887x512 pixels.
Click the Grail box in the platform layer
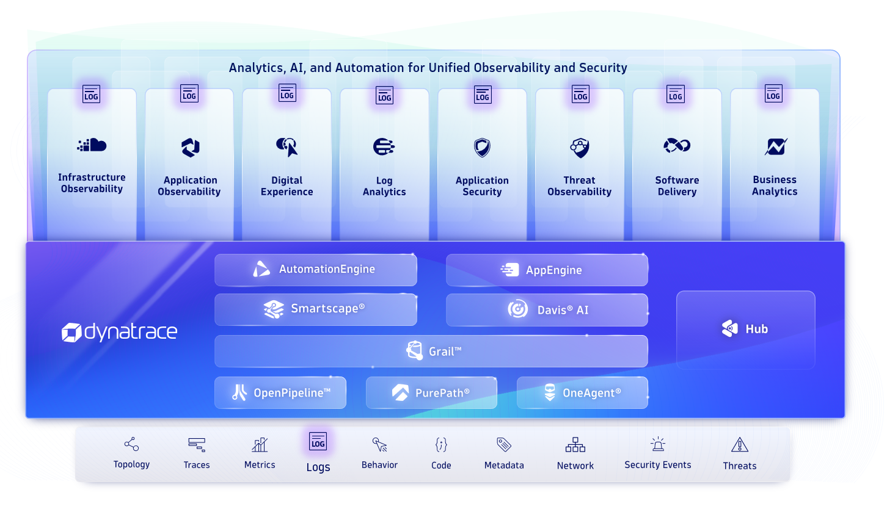431,351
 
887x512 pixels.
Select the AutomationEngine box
315,270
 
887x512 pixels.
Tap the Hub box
745,330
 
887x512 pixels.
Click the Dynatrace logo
120,332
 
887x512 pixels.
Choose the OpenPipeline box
280,393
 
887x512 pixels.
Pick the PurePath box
431,393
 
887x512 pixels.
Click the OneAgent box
582,393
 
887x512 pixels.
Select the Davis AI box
547,310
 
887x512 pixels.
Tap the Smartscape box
315,309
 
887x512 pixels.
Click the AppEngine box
547,270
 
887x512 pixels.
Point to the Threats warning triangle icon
739,444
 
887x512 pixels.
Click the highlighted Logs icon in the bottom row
318,442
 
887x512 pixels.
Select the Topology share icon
131,444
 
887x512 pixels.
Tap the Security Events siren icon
657,444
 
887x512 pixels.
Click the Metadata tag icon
503,444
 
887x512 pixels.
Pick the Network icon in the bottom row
575,444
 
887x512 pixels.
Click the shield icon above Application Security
482,147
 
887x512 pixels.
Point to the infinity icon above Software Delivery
677,145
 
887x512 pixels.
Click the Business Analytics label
775,186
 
